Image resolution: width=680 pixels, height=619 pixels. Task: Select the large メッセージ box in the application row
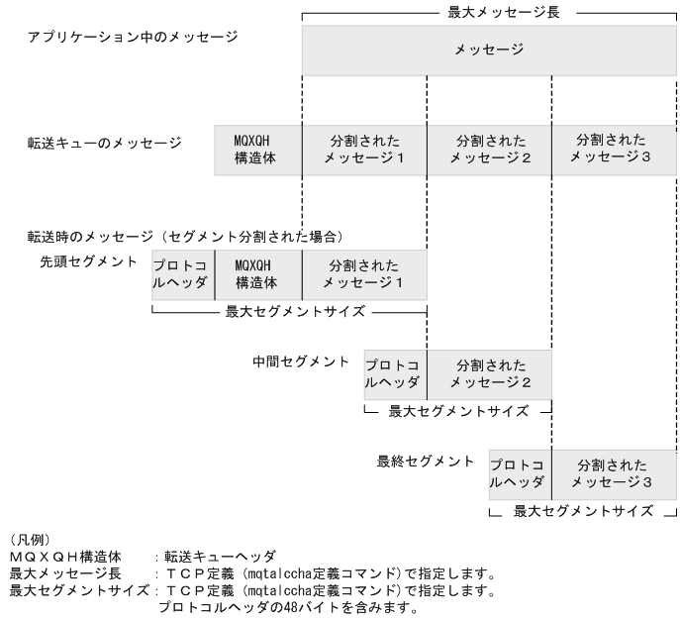click(489, 50)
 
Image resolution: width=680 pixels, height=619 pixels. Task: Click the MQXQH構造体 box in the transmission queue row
click(258, 151)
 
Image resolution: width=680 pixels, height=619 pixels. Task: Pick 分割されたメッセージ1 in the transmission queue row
click(364, 151)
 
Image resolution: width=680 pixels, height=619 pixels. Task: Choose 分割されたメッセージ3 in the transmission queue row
click(613, 151)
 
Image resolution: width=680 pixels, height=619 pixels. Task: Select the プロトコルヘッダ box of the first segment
click(182, 274)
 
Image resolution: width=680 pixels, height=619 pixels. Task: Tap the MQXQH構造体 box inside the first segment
click(257, 274)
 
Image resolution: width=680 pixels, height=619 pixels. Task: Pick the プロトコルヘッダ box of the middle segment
click(395, 373)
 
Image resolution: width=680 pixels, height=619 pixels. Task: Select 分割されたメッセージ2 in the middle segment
click(489, 373)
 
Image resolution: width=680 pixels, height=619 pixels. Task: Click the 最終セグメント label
click(426, 462)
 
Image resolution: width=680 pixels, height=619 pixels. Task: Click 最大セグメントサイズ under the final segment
click(583, 512)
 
